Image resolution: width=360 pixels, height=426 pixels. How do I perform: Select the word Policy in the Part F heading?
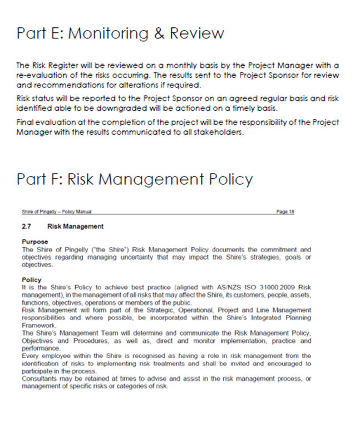[x=227, y=179]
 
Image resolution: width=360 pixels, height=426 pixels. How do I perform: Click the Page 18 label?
[x=285, y=212]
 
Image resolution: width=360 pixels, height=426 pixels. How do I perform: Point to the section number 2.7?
[x=26, y=227]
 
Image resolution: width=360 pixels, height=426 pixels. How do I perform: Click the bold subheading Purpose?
[x=35, y=242]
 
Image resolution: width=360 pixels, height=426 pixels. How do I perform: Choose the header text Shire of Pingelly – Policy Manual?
[x=56, y=212]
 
